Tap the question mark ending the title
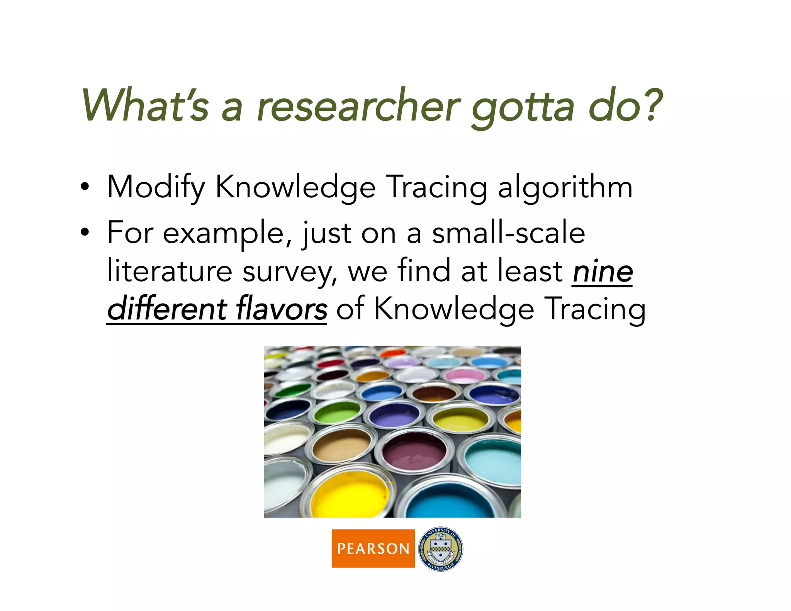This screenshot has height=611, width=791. point(650,104)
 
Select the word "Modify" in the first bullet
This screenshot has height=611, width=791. point(156,188)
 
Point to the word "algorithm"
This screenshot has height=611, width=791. point(565,188)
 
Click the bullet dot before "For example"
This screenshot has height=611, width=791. point(85,233)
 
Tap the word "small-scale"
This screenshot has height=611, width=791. point(508,233)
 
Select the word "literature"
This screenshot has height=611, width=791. point(170,272)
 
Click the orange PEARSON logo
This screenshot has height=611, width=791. point(373,548)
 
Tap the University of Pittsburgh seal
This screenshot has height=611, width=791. point(441,548)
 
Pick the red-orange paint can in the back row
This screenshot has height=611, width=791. point(392,352)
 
